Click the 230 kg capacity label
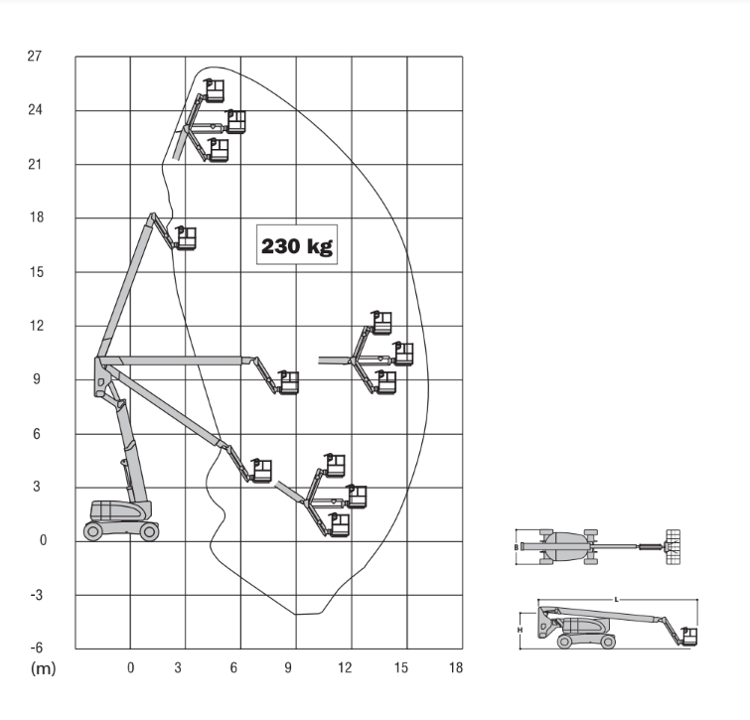(x=297, y=245)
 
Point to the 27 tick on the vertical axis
(x=35, y=57)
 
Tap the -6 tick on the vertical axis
(x=37, y=648)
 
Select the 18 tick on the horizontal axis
(x=456, y=668)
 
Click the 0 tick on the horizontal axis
(x=130, y=668)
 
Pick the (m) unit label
(x=43, y=668)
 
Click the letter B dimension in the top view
(x=517, y=547)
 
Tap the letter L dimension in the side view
(x=617, y=599)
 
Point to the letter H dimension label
(x=520, y=630)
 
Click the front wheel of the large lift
(x=149, y=531)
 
